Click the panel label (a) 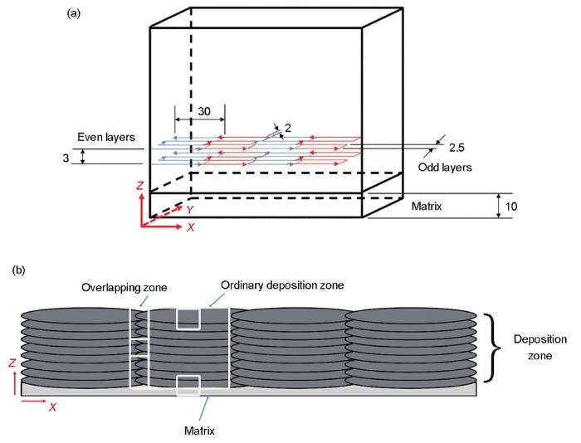pos(73,13)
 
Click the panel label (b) pos(19,270)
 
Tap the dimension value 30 pos(204,111)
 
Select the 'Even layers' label pos(106,137)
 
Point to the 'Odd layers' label pos(445,168)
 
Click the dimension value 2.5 pos(456,148)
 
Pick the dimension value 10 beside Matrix pos(511,206)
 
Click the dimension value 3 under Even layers pos(66,158)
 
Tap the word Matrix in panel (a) pos(427,206)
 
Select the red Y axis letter pos(190,210)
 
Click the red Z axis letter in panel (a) pos(139,185)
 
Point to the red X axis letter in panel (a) pos(190,227)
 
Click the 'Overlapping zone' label pos(124,287)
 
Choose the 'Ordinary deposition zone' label pos(282,285)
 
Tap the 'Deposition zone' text pos(539,348)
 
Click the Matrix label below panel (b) pos(199,431)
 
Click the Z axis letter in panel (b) pos(12,363)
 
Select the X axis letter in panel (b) pos(52,407)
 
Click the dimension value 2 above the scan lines pos(287,128)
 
